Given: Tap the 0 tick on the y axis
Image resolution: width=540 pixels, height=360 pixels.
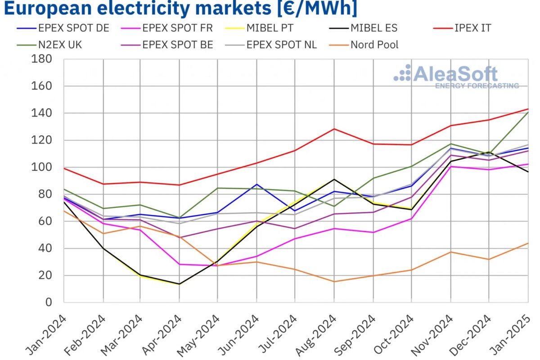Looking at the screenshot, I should click(48, 302).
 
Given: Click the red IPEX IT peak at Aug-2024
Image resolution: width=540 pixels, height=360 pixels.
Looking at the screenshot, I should click(334, 129).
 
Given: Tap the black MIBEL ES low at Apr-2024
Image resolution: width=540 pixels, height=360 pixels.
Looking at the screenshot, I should click(180, 284).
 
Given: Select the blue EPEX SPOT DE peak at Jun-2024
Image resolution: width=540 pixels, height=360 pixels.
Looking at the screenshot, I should click(257, 184).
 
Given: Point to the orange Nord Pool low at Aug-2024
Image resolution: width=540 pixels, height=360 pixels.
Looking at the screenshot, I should click(334, 282).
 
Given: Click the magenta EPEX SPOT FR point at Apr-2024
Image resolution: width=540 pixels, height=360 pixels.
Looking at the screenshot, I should click(180, 264).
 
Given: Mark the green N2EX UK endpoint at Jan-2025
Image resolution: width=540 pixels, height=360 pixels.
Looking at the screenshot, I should click(528, 112).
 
